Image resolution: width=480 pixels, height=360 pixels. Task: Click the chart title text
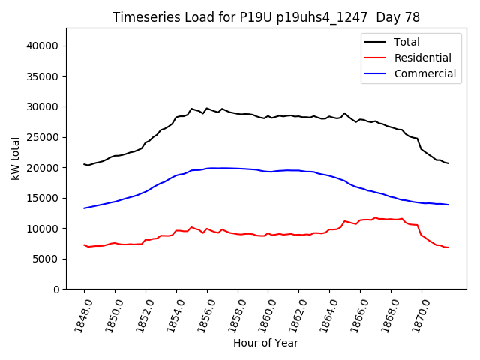(x=266, y=17)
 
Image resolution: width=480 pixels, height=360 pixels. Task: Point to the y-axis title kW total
(x=15, y=158)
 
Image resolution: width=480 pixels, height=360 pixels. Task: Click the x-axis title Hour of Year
(x=265, y=343)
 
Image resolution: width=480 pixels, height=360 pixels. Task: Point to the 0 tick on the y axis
(x=56, y=289)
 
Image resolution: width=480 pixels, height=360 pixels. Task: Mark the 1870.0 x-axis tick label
(x=415, y=314)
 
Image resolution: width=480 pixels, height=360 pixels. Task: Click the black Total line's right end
(x=448, y=163)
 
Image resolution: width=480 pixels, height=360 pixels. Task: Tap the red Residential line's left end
(x=84, y=245)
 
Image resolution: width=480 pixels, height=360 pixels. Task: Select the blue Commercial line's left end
(x=84, y=208)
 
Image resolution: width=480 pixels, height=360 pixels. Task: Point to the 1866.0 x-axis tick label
(x=355, y=314)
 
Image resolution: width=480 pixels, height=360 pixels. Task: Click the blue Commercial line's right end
(x=448, y=205)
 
